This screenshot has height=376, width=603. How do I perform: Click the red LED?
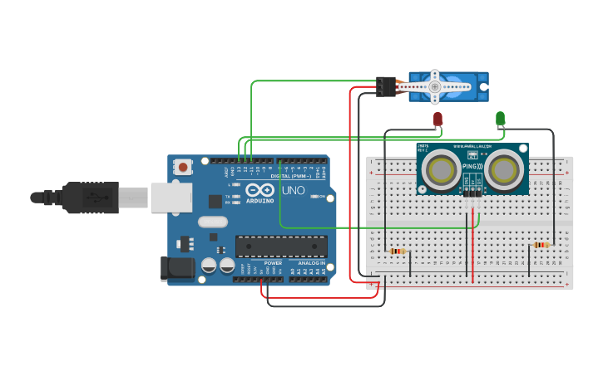(438, 119)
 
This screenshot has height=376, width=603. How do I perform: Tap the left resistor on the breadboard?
(398, 251)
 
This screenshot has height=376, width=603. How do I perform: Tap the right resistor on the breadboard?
(541, 245)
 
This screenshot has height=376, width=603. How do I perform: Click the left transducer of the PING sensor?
(437, 170)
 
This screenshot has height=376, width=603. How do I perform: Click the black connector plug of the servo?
(385, 85)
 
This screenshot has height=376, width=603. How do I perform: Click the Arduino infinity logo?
(259, 190)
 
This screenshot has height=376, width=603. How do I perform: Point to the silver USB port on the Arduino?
(171, 198)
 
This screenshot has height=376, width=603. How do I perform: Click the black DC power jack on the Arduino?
(176, 268)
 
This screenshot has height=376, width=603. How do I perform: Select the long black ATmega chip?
(280, 246)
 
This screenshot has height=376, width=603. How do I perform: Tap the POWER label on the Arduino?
(273, 263)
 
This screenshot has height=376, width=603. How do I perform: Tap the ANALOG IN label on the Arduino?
(312, 263)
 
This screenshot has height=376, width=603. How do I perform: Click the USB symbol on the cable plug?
(98, 198)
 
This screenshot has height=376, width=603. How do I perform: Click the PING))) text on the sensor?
(471, 165)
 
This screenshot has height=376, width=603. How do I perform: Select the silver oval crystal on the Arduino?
(213, 222)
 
